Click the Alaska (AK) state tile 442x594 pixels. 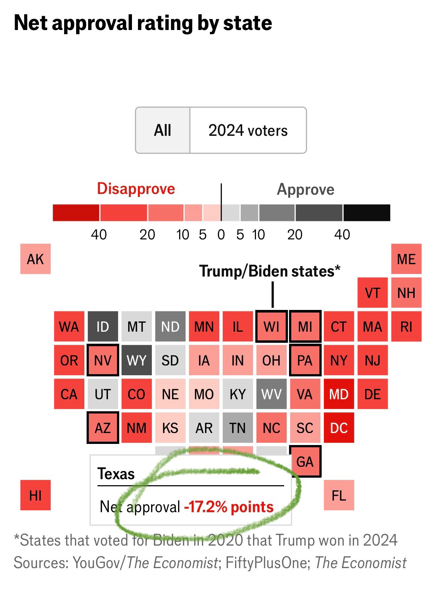[35, 259]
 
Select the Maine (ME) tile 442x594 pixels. [406, 259]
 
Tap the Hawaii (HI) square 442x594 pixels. [35, 495]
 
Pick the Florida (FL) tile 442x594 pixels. [339, 495]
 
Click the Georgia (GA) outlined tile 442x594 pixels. [305, 461]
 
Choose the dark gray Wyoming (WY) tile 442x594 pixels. [136, 360]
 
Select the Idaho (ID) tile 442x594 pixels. [103, 326]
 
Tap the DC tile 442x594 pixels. [339, 428]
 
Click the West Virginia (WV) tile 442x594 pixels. [271, 394]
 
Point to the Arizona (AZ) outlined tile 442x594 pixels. [103, 428]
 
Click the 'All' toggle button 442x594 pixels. [163, 130]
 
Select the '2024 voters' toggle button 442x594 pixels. [248, 130]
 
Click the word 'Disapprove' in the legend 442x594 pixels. [136, 188]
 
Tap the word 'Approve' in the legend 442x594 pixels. [305, 189]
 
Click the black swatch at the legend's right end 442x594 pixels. [367, 213]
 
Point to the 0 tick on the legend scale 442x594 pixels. [221, 235]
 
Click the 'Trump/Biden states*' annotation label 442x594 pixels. [270, 271]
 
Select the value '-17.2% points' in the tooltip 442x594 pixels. [229, 507]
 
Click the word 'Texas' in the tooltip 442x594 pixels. [116, 474]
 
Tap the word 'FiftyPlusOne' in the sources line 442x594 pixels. [267, 563]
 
